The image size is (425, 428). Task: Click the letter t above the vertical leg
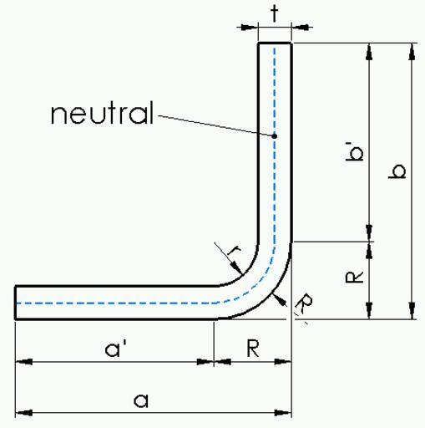275,13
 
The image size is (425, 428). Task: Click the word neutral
102,112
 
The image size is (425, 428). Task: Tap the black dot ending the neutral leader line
275,136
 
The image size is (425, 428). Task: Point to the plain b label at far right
397,171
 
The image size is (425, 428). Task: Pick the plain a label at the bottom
141,400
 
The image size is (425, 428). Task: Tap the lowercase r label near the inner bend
234,251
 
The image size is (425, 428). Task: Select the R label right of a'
253,349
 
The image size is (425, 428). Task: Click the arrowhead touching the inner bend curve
236,267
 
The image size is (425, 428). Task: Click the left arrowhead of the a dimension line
24,413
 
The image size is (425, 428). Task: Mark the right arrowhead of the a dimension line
283,413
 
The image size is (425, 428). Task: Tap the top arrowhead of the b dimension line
412,52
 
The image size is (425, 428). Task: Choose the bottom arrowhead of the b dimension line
412,311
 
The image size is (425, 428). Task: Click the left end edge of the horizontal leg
15,303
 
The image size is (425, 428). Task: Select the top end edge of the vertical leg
275,43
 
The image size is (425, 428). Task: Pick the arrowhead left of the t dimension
250,28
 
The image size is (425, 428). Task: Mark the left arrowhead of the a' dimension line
24,362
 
